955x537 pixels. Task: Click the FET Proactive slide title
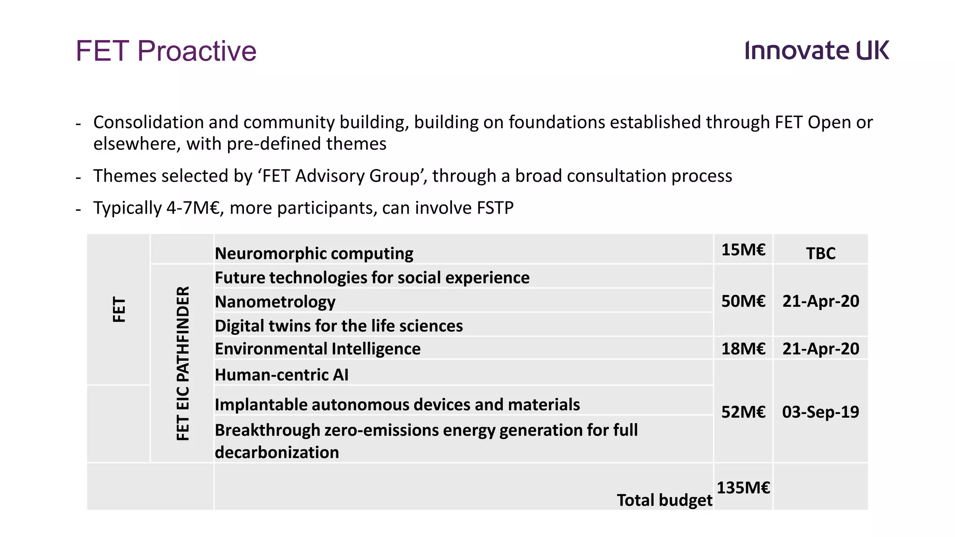coord(166,51)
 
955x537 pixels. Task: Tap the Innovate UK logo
coord(817,50)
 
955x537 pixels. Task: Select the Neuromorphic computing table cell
coord(314,254)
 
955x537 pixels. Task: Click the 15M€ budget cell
coord(743,250)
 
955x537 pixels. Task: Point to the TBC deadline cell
coord(821,254)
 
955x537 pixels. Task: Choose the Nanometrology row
coord(275,302)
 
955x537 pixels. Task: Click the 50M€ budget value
coord(743,301)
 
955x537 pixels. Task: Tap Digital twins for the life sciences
coord(339,325)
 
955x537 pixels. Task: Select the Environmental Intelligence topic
coord(318,349)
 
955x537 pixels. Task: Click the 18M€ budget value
coord(743,349)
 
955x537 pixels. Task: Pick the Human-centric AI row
coord(282,375)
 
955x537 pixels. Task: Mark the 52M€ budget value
coord(743,412)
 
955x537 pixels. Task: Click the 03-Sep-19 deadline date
coord(821,412)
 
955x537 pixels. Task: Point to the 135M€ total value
coord(743,488)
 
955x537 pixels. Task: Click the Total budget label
coord(664,500)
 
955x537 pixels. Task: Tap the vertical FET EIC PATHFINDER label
coord(183,363)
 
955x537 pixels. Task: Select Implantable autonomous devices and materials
coord(397,405)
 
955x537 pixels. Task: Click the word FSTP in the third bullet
coord(495,208)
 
